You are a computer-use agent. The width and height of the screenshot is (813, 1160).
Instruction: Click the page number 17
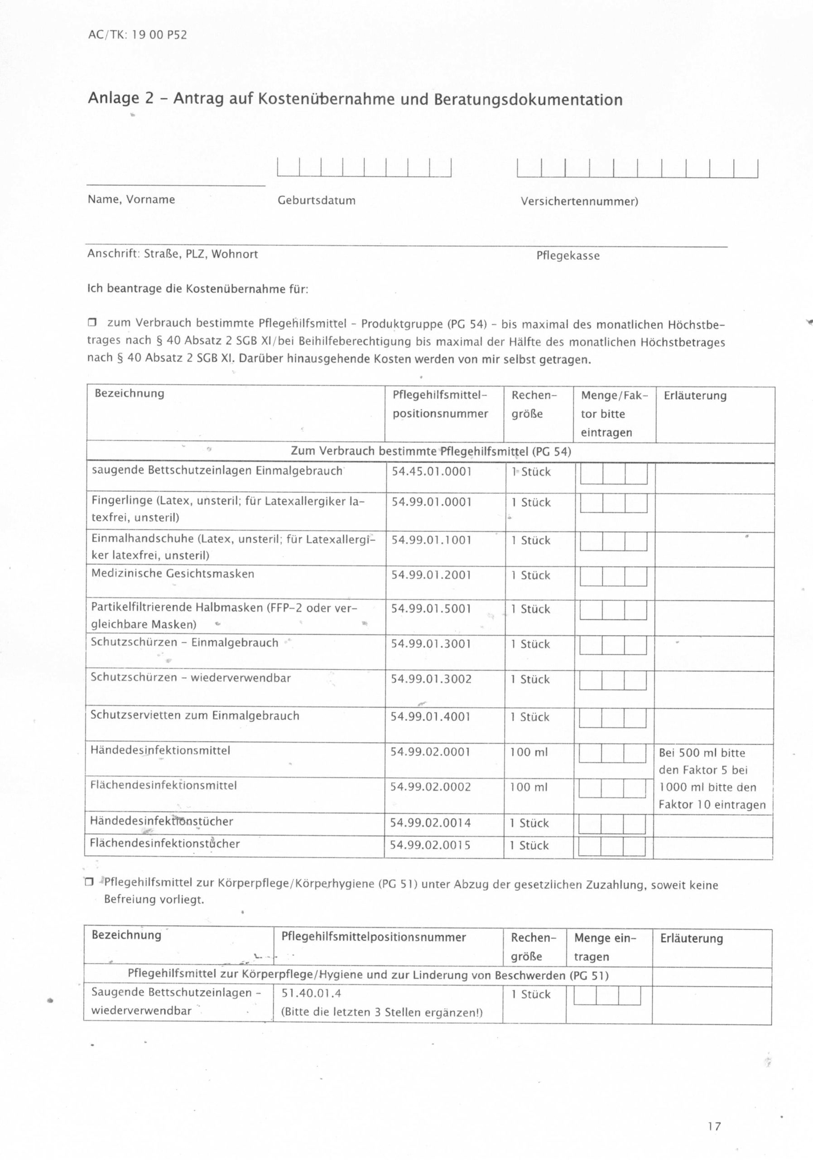[714, 1126]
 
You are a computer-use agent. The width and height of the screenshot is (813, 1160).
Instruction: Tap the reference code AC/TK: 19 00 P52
[137, 35]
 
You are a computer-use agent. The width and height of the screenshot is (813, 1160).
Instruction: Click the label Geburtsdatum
[317, 201]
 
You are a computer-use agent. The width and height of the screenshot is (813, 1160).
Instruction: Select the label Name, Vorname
[131, 199]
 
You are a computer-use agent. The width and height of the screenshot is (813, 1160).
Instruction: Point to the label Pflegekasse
[568, 256]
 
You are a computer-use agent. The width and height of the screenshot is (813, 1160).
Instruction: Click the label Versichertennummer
[579, 202]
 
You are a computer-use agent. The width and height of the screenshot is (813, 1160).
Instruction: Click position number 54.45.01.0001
[431, 472]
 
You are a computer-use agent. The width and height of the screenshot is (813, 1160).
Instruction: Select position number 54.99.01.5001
[431, 609]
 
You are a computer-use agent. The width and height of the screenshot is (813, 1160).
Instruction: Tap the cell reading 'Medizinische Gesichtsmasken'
[173, 574]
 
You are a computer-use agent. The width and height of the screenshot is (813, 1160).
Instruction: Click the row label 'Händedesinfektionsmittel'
[160, 750]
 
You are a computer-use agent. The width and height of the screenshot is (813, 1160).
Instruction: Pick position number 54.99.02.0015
[430, 845]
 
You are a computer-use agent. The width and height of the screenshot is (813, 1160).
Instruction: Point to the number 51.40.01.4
[311, 993]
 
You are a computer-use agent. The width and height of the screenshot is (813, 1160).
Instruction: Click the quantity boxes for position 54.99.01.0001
[614, 503]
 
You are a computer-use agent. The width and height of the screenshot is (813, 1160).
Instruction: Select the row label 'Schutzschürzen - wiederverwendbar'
[190, 677]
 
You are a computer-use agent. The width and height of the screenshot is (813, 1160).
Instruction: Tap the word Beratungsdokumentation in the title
[528, 100]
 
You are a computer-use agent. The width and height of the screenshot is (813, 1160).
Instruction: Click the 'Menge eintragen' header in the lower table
[605, 947]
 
